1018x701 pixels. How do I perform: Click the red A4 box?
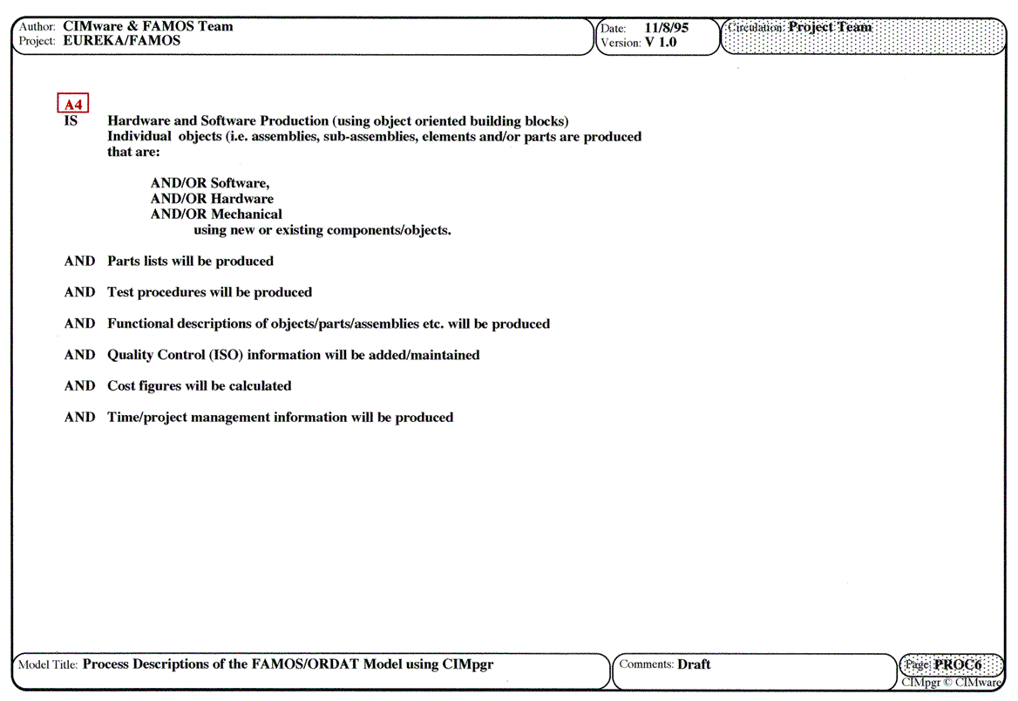(x=73, y=104)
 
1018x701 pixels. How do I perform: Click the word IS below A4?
(x=71, y=121)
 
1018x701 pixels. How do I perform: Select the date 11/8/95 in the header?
(x=667, y=28)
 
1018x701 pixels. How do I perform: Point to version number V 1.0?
(x=661, y=42)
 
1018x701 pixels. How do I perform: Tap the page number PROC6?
(x=957, y=664)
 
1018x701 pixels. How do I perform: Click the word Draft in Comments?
(x=694, y=664)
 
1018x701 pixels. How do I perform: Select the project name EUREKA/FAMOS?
(x=122, y=41)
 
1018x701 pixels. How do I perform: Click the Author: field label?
(x=37, y=27)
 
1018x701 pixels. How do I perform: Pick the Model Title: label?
(x=48, y=665)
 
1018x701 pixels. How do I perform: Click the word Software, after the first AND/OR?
(x=241, y=183)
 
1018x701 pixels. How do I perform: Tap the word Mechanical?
(x=247, y=214)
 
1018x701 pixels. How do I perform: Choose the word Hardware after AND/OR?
(x=242, y=199)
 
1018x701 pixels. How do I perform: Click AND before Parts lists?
(x=79, y=262)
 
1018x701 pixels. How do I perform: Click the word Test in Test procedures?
(x=120, y=292)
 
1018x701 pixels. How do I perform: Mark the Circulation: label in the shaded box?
(x=756, y=27)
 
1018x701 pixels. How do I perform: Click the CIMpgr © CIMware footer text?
(x=952, y=683)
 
